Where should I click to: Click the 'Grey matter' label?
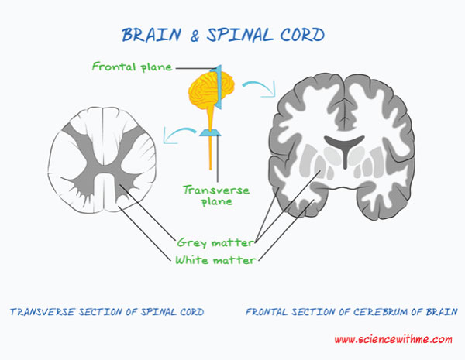tap(215, 242)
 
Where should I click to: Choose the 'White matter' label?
tap(215, 260)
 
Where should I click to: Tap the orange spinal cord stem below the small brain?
tap(209, 151)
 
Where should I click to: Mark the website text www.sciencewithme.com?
tap(393, 340)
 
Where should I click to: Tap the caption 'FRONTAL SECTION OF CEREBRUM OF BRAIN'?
tap(351, 313)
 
